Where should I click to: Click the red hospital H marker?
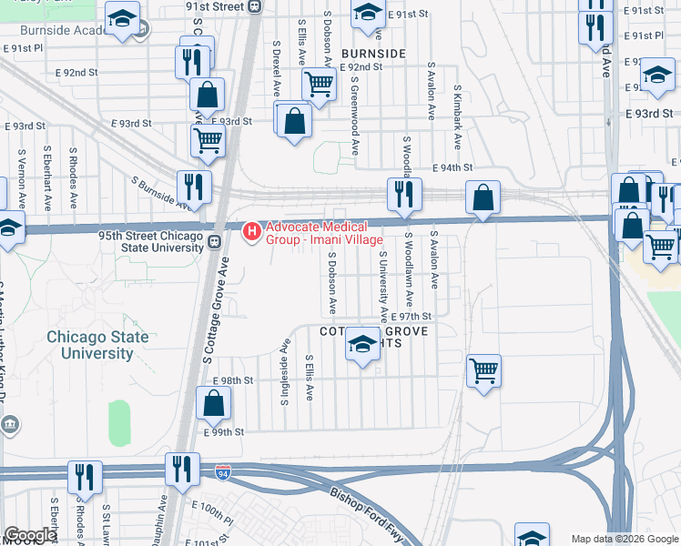coord(252,234)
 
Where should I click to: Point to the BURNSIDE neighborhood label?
coord(372,54)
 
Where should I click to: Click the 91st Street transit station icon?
coord(255,6)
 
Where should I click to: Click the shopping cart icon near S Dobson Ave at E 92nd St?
coord(319,85)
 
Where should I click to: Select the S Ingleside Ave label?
coord(285,373)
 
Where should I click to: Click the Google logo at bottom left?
coord(30,535)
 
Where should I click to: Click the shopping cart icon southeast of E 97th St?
coord(484,370)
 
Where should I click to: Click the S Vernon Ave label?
coord(20,169)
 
